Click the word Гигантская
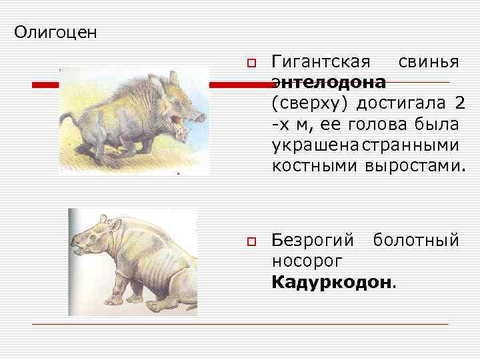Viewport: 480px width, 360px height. click(321, 63)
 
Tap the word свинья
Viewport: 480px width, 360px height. click(429, 63)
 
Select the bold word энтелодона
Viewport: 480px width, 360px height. click(329, 83)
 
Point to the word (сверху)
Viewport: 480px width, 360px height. click(310, 104)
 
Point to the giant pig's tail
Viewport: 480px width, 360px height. click(67, 123)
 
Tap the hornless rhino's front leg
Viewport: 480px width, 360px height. click(124, 287)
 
